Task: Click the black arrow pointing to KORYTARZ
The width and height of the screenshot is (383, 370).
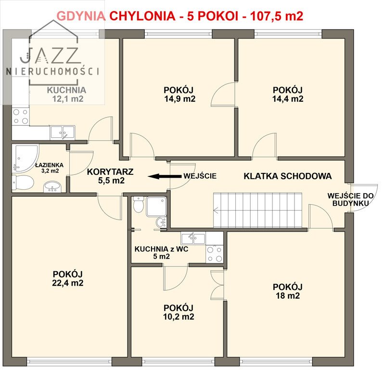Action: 164,176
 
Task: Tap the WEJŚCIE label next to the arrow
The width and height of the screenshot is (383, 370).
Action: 200,176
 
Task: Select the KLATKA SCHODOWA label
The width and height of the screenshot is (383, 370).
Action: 287,176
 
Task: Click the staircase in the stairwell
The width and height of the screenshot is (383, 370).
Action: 259,210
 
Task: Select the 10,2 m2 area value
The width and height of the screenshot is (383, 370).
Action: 178,317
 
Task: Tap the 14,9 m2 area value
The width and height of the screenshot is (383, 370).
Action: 179,99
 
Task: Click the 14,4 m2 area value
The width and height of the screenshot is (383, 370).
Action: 287,99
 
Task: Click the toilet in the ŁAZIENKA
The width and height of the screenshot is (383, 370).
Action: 23,183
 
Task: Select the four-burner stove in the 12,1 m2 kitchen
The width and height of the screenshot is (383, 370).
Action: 20,116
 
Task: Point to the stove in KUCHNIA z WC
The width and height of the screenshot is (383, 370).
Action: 215,254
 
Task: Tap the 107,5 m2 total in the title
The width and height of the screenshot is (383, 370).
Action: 276,16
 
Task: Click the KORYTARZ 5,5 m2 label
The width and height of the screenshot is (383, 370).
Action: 110,176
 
